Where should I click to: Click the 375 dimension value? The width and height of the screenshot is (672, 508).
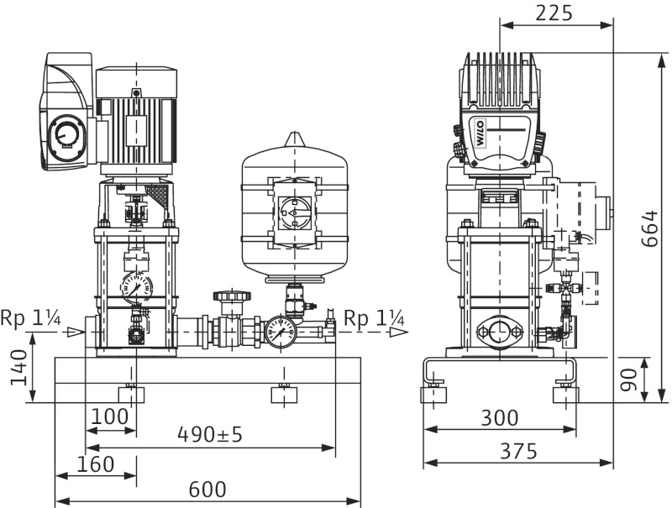pyautogui.click(x=517, y=451)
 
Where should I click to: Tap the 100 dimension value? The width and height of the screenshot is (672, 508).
pyautogui.click(x=110, y=416)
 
